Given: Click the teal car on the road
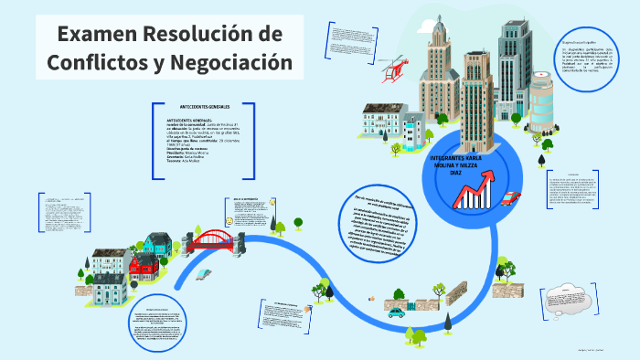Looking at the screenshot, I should tap(396, 312).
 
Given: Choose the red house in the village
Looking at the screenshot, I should tap(144, 266).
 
